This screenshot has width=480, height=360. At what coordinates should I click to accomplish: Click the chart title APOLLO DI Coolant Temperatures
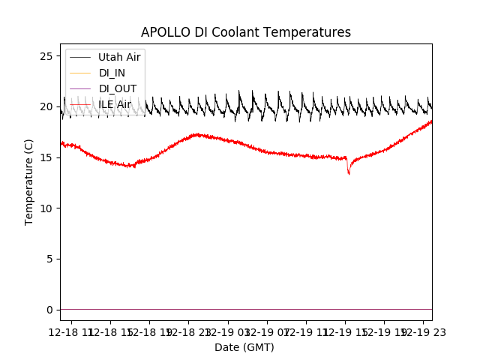click(x=246, y=32)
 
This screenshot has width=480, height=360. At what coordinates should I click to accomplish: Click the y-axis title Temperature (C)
click(x=29, y=181)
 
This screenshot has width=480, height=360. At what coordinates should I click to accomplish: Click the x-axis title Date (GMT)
click(x=244, y=347)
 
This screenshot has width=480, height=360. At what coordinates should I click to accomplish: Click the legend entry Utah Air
click(x=119, y=57)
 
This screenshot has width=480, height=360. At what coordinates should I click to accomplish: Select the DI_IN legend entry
click(x=113, y=73)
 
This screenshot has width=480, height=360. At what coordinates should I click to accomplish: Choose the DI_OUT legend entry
click(x=118, y=88)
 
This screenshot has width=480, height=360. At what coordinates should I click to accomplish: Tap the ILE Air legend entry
click(x=115, y=104)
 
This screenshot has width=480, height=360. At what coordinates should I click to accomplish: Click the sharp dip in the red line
click(x=349, y=172)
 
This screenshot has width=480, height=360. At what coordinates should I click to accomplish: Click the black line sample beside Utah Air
click(x=80, y=57)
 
